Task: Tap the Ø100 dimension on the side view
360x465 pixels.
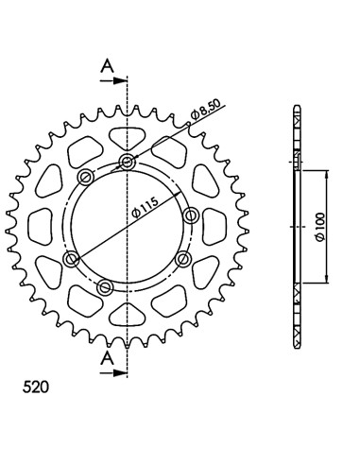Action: [320, 227]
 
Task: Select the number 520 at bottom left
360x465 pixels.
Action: [36, 387]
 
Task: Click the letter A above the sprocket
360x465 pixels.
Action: [108, 66]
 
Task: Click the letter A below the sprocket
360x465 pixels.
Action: [108, 358]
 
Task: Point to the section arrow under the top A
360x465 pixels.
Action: [113, 80]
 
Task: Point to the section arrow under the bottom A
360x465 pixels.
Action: [113, 373]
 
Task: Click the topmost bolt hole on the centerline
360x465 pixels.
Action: [127, 163]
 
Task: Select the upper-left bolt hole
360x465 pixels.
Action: [86, 178]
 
